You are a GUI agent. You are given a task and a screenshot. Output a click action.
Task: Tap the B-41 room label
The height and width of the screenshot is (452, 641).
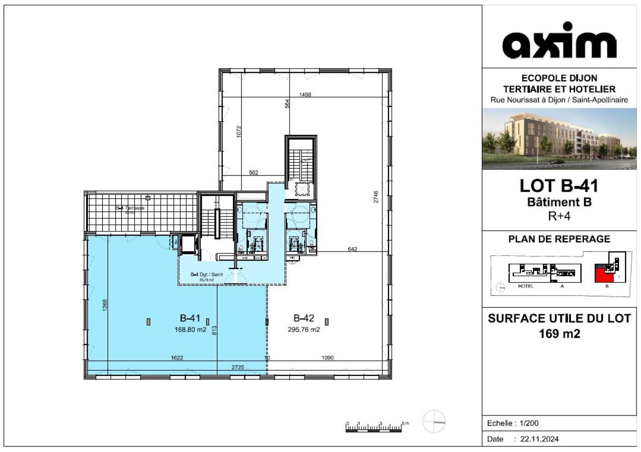[x=190, y=318]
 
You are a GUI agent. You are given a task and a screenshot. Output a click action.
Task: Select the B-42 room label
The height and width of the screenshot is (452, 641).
[x=304, y=318]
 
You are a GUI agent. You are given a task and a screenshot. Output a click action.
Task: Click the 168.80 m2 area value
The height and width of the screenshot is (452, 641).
[x=190, y=329]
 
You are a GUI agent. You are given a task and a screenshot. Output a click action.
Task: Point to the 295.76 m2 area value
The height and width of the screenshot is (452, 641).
[x=304, y=329]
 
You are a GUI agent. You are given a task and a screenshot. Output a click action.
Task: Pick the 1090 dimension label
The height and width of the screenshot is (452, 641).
[x=328, y=358]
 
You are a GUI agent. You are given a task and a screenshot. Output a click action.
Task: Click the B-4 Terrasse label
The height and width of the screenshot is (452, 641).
[x=130, y=208]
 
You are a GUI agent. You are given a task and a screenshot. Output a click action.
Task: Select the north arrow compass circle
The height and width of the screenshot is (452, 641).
[x=434, y=421]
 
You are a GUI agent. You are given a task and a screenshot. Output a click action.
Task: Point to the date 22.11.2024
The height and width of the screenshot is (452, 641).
[x=540, y=439]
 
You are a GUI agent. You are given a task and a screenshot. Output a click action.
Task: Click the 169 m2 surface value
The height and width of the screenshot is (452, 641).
[x=559, y=333]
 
